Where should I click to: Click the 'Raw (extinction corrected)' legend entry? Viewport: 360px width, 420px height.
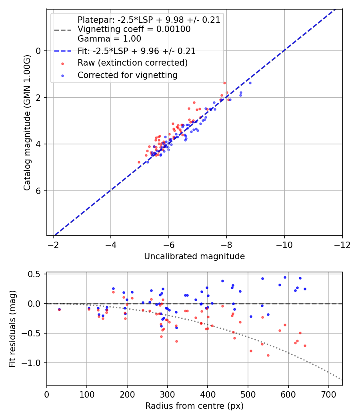click(132, 63)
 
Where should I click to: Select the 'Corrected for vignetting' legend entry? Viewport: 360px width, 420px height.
click(127, 75)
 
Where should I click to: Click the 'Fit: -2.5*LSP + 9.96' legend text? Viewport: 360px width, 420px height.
click(136, 51)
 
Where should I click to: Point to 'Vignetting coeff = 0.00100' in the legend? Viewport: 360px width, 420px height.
click(134, 29)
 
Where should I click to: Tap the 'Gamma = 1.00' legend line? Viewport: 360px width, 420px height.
click(109, 39)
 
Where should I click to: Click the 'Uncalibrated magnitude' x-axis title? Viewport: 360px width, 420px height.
click(194, 256)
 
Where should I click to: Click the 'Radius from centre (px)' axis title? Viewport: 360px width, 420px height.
click(194, 406)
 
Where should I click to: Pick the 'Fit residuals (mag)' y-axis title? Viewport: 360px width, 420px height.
click(12, 329)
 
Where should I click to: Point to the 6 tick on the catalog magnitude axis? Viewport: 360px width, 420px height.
click(38, 191)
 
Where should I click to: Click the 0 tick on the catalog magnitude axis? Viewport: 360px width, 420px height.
click(38, 51)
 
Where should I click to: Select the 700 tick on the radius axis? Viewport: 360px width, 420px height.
click(328, 394)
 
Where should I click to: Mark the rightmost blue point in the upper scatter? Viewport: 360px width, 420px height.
click(250, 83)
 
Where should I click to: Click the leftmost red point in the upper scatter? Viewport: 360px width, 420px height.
click(139, 162)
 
